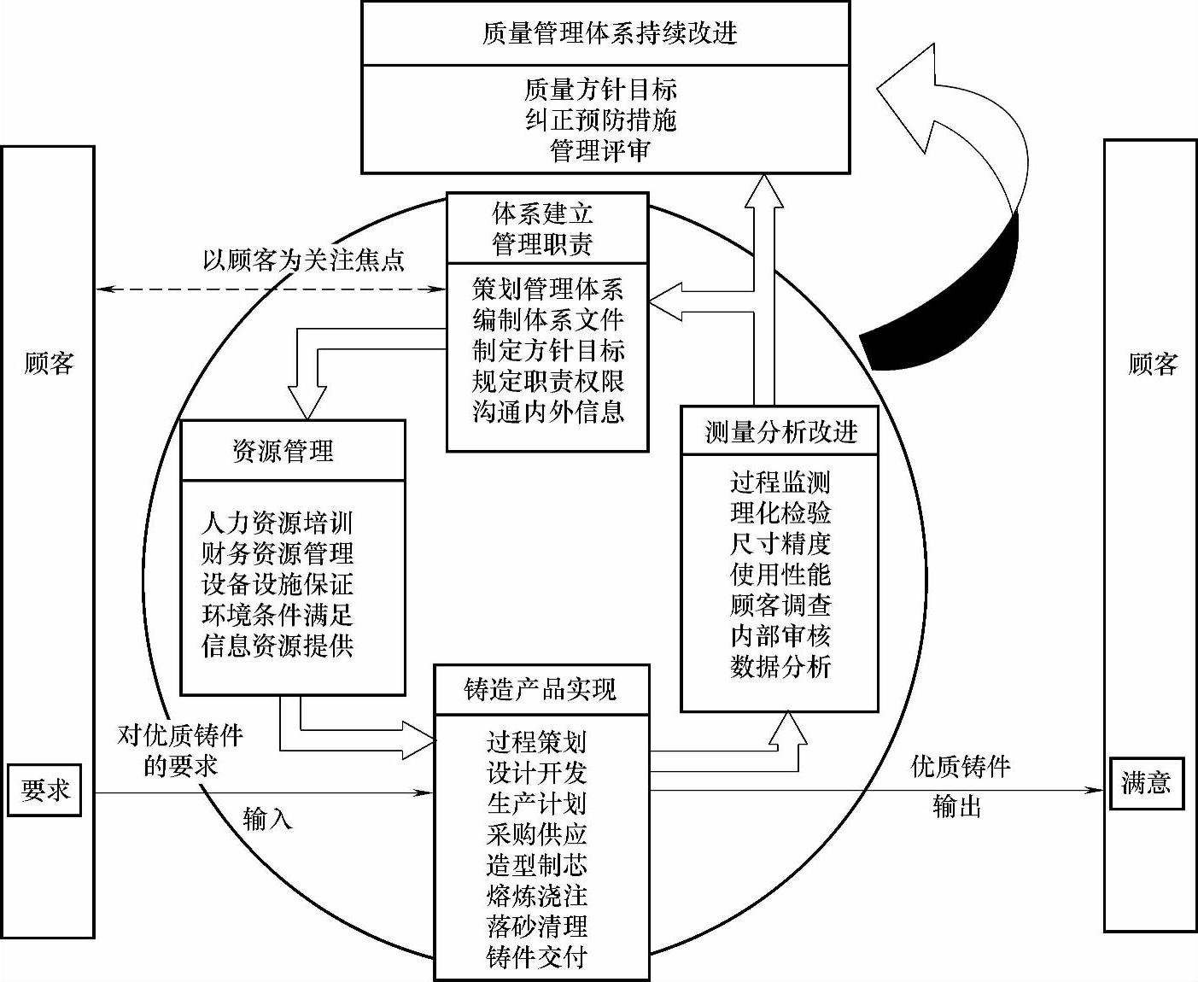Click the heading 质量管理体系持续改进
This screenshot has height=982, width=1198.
point(609,33)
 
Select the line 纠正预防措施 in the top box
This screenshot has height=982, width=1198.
point(600,120)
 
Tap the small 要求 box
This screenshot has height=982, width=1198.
point(45,790)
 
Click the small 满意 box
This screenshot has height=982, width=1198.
point(1146,783)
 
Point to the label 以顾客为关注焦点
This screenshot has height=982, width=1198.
point(303,260)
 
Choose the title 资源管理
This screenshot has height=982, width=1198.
point(283,450)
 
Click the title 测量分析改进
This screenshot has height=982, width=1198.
point(780,432)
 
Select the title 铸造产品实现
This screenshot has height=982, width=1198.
point(541,690)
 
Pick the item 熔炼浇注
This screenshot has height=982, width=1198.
point(537,896)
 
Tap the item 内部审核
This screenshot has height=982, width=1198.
point(780,635)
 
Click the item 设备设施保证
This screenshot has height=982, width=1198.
point(278,584)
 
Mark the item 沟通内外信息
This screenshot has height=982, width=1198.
point(548,412)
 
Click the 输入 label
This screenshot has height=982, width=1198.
point(267,819)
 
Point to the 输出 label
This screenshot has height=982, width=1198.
point(956,806)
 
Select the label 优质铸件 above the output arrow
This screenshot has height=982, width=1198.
point(961,766)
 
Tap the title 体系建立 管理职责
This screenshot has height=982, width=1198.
point(542,229)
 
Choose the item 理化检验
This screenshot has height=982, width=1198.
point(780,512)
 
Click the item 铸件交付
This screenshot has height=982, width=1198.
point(537,957)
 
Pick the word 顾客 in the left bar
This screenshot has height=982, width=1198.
point(49,365)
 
